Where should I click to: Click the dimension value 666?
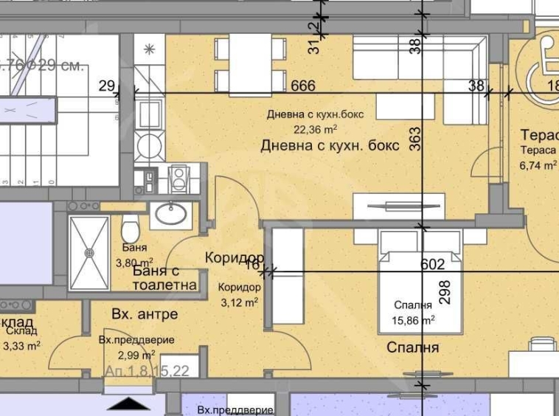point(303,86)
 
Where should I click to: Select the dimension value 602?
point(433,264)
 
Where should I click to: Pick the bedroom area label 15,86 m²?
point(413,320)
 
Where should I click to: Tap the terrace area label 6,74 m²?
point(538,166)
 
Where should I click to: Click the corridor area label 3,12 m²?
point(239,301)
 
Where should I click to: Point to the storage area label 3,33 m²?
point(22,344)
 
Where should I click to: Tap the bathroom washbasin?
point(172,215)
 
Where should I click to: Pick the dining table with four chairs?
point(250,63)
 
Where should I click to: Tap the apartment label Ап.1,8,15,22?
point(147,371)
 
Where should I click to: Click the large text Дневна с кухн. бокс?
point(330,146)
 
